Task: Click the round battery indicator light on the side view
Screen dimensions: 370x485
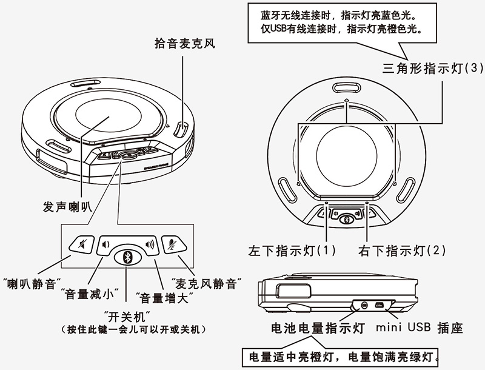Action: [x=364, y=305]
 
